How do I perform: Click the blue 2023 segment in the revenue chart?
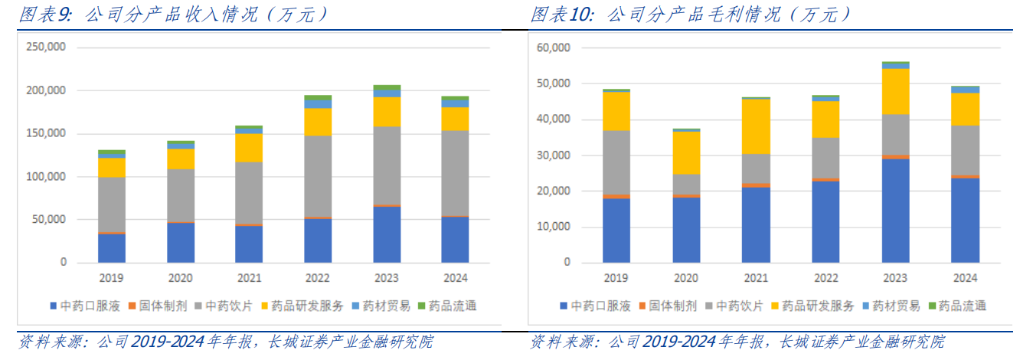pyautogui.click(x=387, y=234)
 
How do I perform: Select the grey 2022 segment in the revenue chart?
pyautogui.click(x=317, y=176)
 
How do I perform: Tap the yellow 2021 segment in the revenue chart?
pyautogui.click(x=248, y=147)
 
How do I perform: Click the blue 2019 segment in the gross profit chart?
pyautogui.click(x=616, y=230)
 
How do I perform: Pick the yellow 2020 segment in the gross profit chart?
pyautogui.click(x=685, y=152)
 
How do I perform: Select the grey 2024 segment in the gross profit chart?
pyautogui.click(x=964, y=150)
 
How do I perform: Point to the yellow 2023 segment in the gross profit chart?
pyautogui.click(x=894, y=91)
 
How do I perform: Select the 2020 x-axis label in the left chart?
pyautogui.click(x=181, y=278)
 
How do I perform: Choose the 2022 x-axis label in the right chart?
pyautogui.click(x=825, y=278)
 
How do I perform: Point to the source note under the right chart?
pyautogui.click(x=737, y=342)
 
